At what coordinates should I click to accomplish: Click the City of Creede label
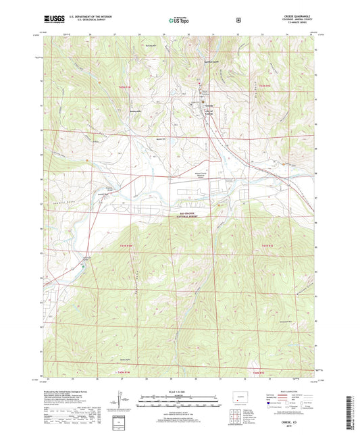pos(210,115)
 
